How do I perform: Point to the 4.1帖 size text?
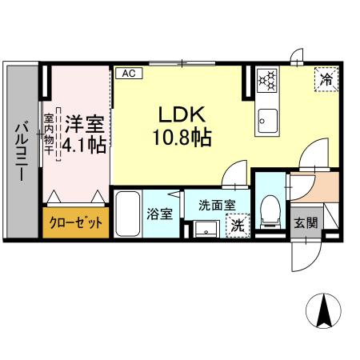coord(83,145)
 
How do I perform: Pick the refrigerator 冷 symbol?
coord(326,79)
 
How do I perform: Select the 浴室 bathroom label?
coord(158,214)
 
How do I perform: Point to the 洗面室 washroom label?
coord(216,204)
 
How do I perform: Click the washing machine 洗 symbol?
coord(238,227)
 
